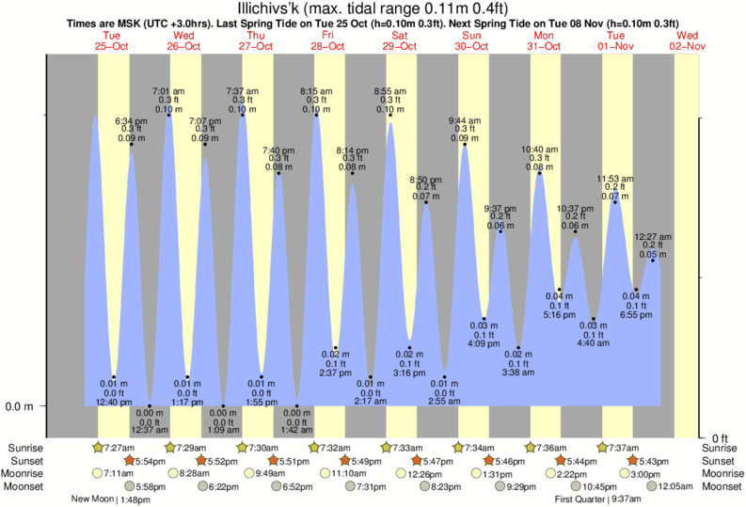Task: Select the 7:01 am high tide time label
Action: click(x=169, y=91)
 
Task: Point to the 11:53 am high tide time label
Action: click(x=614, y=179)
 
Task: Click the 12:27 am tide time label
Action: click(x=653, y=237)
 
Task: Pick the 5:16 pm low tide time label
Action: click(x=559, y=315)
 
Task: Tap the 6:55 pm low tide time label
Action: click(x=635, y=315)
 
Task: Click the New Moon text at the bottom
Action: click(x=94, y=499)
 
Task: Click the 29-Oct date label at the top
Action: click(x=399, y=45)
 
